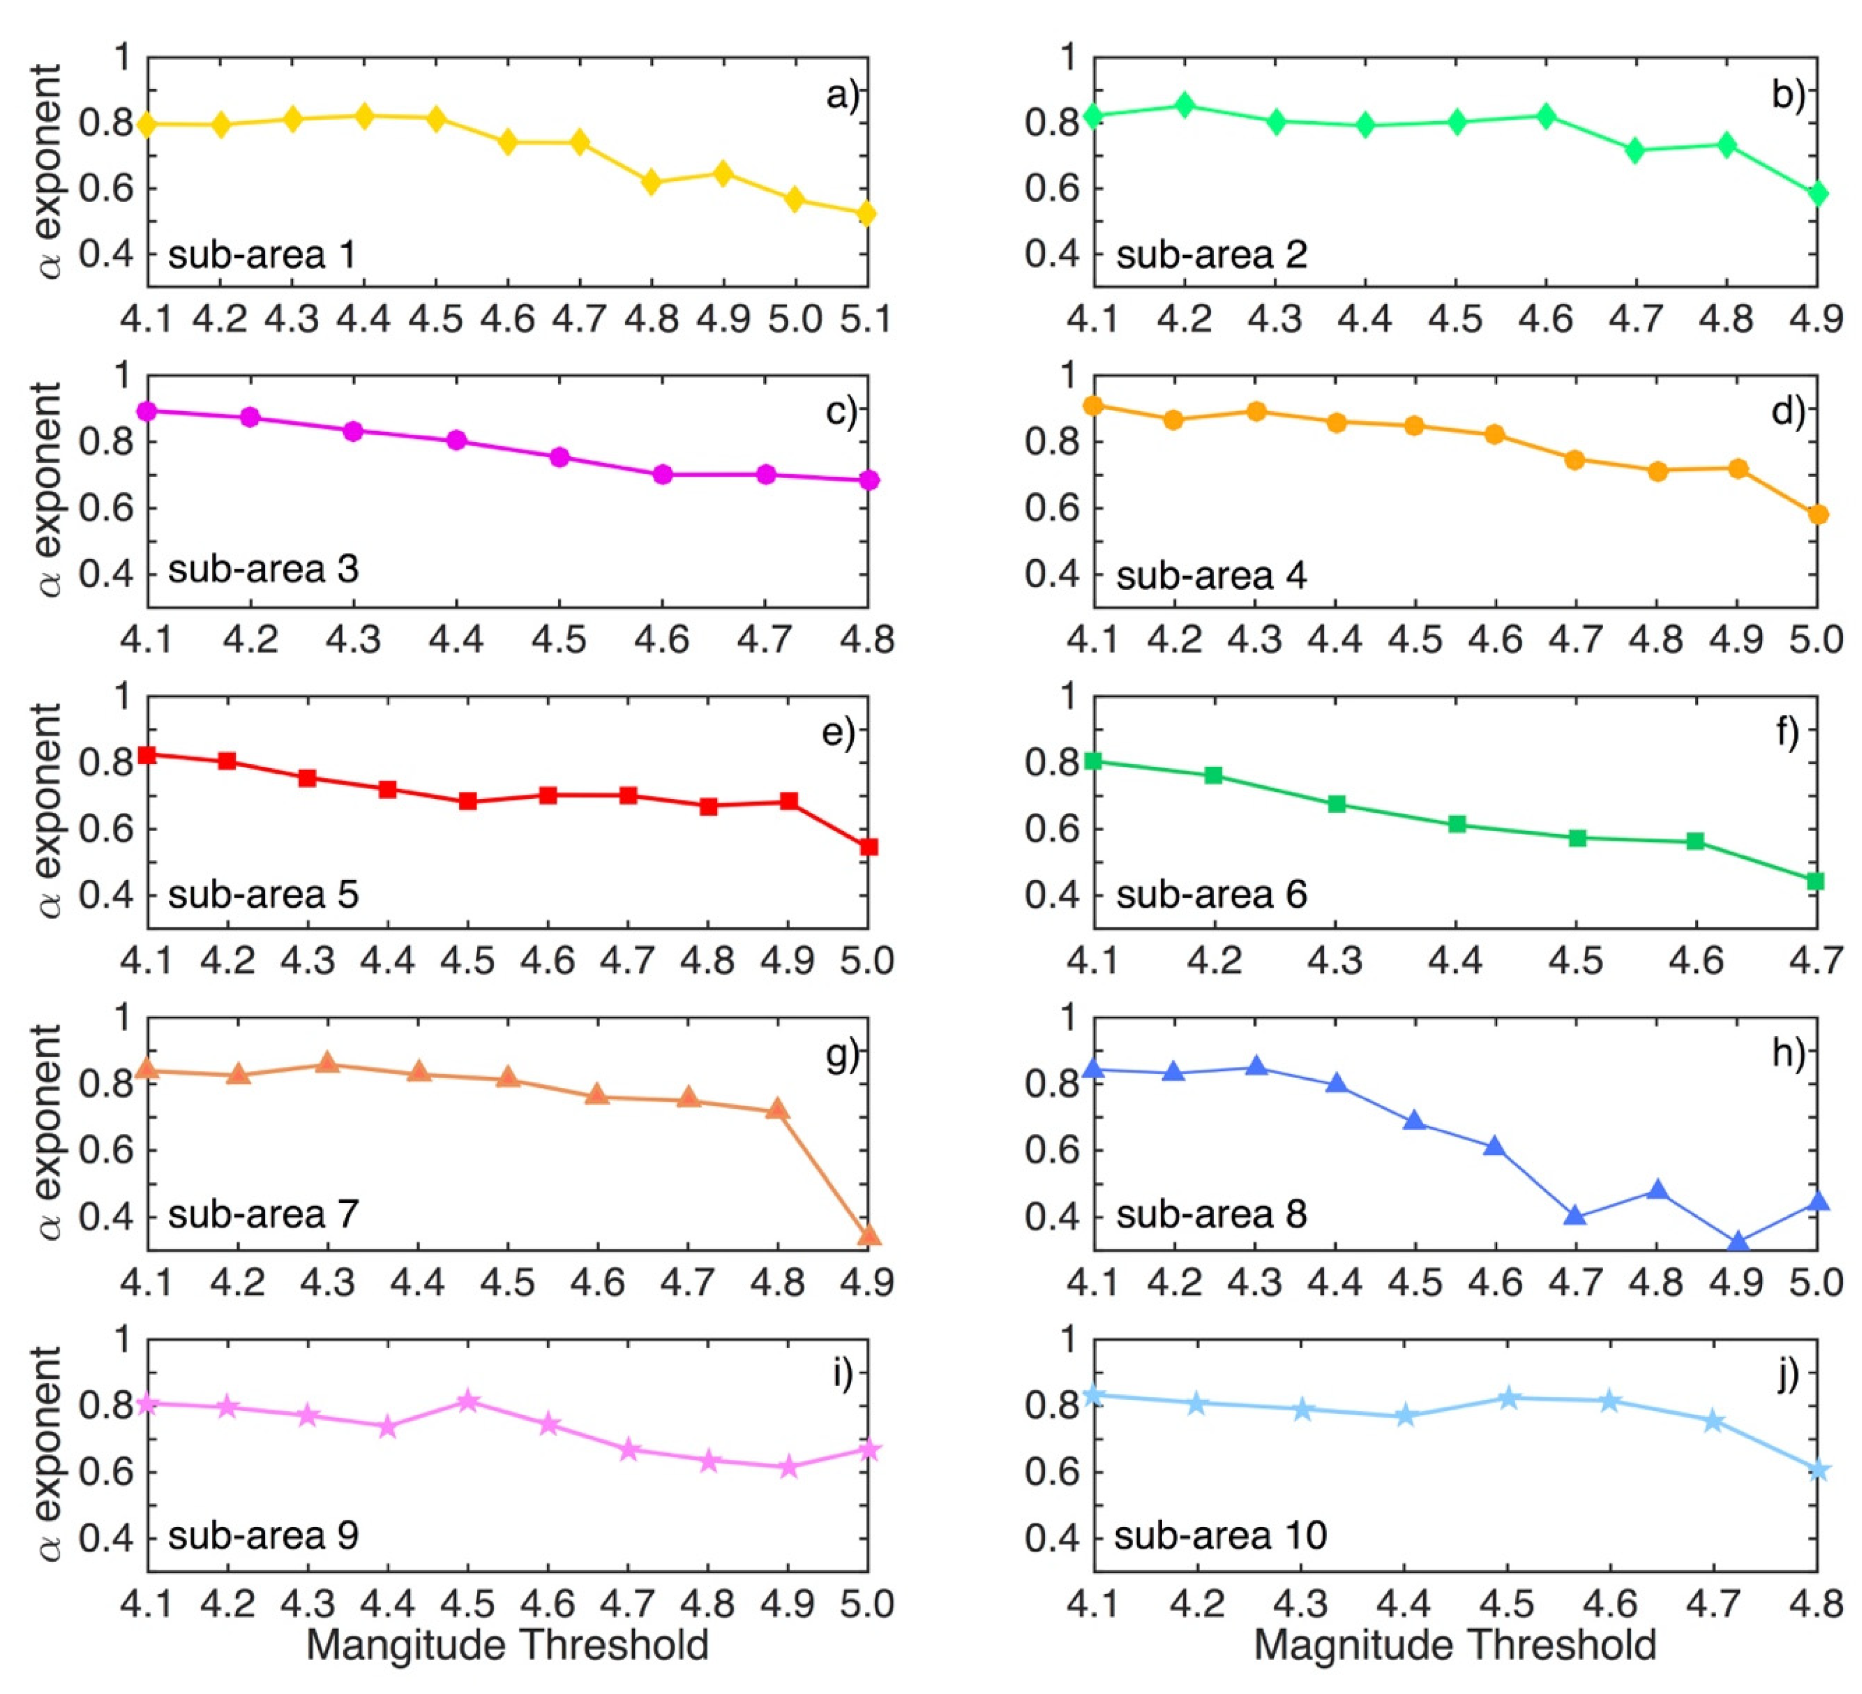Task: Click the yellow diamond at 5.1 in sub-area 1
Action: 867,213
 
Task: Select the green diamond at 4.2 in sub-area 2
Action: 1185,104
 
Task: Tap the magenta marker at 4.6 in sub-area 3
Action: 662,475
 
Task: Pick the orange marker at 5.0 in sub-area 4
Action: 1817,515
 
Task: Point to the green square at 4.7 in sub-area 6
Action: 1815,880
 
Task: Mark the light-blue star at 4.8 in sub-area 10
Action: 1817,1468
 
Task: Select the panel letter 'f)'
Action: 1787,732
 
